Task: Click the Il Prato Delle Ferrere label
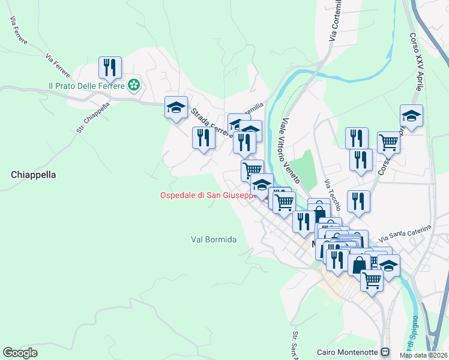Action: click(86, 86)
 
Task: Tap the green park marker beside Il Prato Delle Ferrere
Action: click(134, 86)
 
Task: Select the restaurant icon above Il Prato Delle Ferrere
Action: click(110, 67)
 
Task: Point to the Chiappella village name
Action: click(33, 175)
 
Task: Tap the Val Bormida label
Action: click(214, 239)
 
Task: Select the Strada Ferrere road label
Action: click(210, 122)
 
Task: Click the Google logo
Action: click(20, 352)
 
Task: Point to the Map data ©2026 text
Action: click(423, 355)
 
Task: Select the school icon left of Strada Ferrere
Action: click(176, 107)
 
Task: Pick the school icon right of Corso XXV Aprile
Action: click(411, 115)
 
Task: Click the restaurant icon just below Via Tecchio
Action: click(358, 201)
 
